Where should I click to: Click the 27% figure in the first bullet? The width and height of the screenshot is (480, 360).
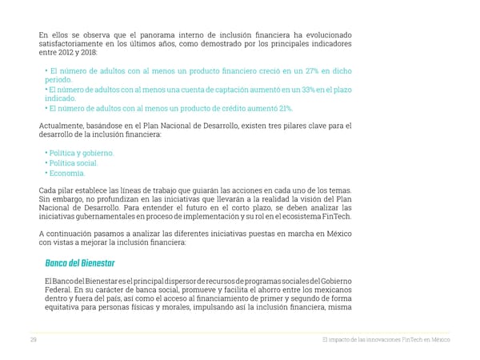[312, 71]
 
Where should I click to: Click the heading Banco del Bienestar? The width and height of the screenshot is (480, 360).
[80, 264]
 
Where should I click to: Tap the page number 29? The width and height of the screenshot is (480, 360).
[33, 340]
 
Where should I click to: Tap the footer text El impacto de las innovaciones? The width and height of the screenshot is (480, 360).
[358, 340]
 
